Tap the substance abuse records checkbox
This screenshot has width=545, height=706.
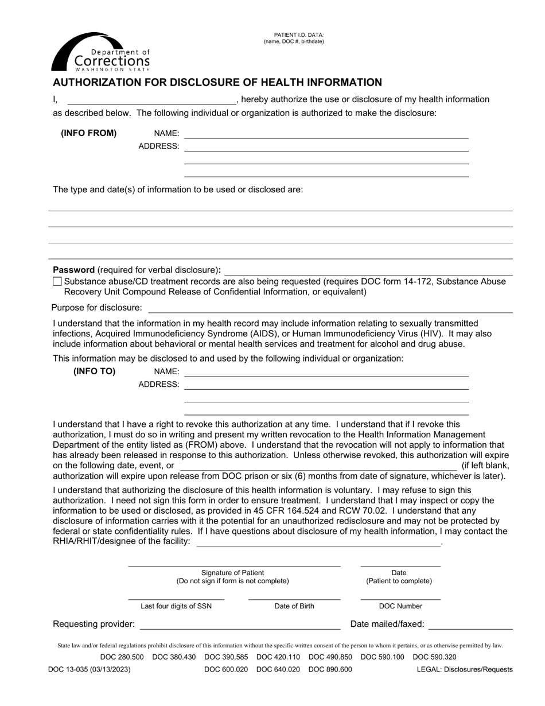pos(57,282)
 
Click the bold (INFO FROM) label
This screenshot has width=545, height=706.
pos(89,133)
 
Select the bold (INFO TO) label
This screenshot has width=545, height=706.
pos(94,371)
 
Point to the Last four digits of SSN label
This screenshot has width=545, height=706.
pos(176,606)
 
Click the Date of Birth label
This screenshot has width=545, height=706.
pos(294,606)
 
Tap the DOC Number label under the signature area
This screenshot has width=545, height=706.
pos(400,606)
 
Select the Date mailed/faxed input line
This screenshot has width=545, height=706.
pos(470,625)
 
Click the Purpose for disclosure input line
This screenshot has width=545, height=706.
pos(329,308)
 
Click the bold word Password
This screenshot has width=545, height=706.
pos(73,270)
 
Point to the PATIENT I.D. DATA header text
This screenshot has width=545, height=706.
pos(294,35)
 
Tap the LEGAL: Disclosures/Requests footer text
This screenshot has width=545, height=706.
pos(465,669)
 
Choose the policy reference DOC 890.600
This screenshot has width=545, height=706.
pos(330,669)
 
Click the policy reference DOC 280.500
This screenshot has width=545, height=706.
pos(122,657)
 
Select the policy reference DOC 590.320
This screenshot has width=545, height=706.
pos(435,657)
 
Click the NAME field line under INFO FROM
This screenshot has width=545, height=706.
pos(326,134)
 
